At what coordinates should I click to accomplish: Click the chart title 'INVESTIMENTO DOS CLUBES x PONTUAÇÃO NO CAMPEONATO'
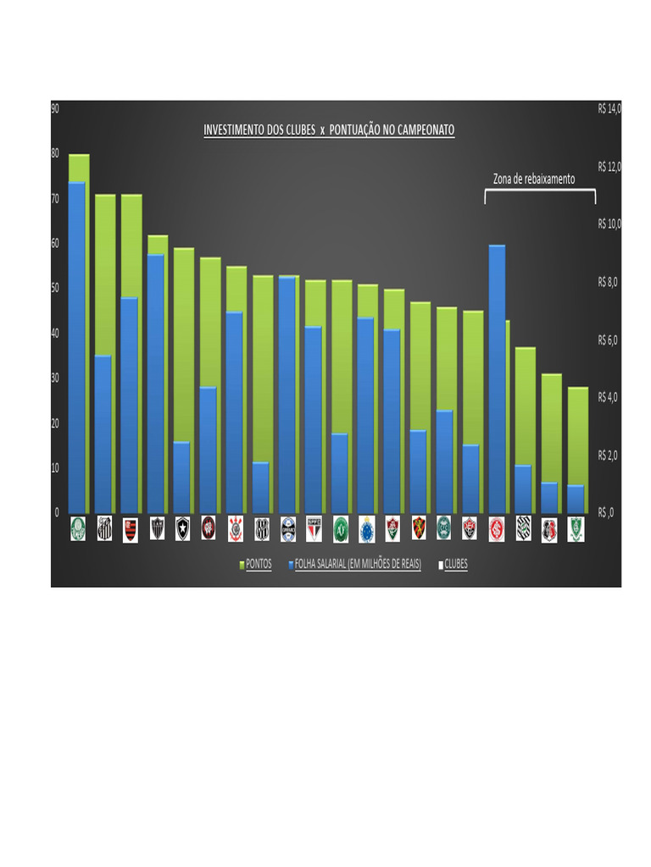(x=329, y=130)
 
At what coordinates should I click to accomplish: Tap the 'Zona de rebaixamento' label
(x=534, y=179)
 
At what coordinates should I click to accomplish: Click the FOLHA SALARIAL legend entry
(x=357, y=563)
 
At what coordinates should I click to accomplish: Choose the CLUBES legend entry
(x=455, y=563)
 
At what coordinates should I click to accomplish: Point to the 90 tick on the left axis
(x=55, y=108)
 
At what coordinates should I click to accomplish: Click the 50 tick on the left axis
(x=55, y=288)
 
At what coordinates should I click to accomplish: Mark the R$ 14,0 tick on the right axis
(x=609, y=108)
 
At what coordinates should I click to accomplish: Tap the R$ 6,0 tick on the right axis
(x=609, y=340)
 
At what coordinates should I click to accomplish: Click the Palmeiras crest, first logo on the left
(x=78, y=528)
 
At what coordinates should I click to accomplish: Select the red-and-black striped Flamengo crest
(x=131, y=528)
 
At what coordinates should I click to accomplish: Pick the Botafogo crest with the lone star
(x=183, y=528)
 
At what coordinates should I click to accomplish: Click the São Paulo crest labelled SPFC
(x=314, y=528)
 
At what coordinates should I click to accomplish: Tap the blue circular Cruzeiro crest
(x=366, y=528)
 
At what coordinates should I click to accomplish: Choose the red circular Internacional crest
(x=497, y=528)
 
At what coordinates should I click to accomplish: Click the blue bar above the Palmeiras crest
(x=77, y=347)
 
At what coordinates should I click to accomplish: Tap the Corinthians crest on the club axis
(x=235, y=528)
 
